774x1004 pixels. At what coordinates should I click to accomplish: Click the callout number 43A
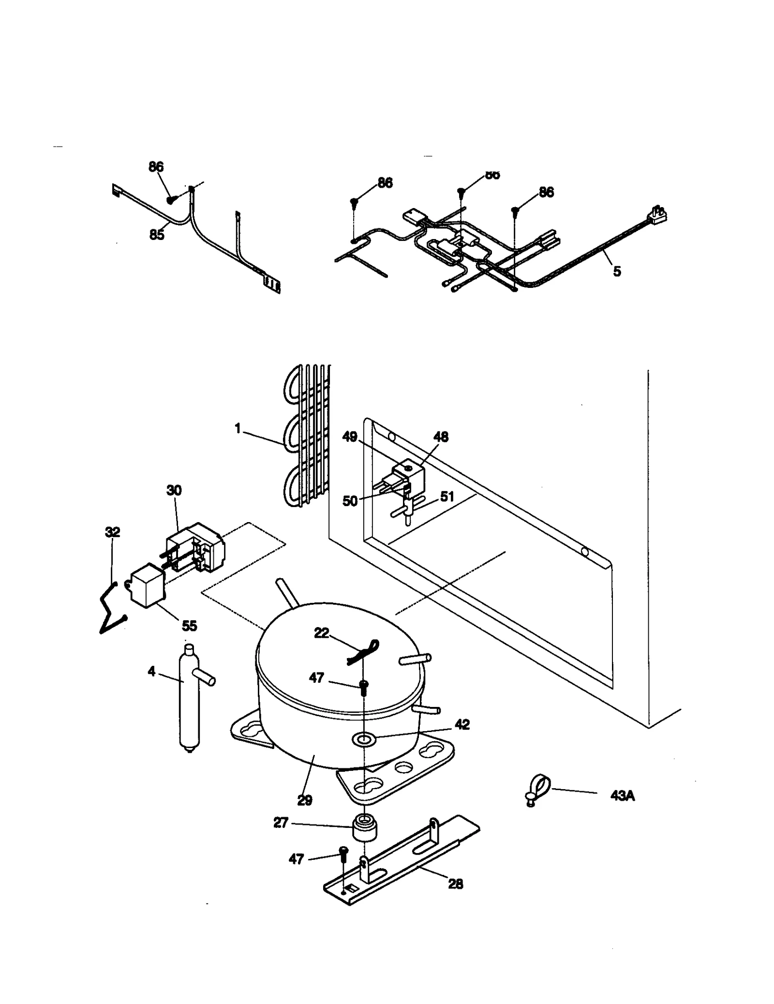(622, 795)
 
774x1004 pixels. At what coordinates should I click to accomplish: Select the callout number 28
(455, 884)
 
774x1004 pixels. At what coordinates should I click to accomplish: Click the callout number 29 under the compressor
(304, 800)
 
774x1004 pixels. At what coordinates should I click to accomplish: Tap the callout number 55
(189, 626)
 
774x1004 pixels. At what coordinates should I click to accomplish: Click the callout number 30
(174, 490)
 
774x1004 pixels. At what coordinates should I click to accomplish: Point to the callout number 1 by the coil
(238, 429)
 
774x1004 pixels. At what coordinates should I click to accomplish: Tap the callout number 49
(349, 437)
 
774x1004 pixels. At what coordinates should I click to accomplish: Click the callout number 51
(447, 496)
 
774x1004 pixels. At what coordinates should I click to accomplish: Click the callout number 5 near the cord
(617, 271)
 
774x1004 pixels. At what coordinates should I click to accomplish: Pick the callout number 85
(156, 235)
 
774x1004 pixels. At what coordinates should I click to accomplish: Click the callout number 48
(441, 437)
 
